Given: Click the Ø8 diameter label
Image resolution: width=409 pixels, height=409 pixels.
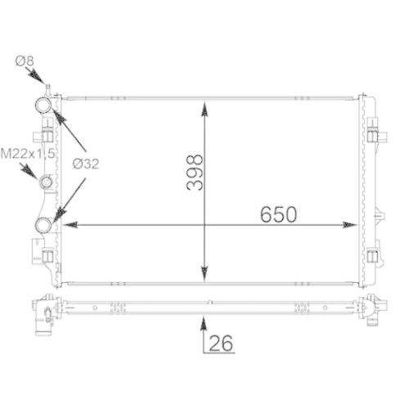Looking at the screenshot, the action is [x=25, y=61].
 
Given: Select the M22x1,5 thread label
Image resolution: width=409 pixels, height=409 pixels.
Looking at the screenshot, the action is [x=28, y=154].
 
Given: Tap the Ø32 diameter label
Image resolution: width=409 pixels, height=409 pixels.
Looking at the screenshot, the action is [x=86, y=164].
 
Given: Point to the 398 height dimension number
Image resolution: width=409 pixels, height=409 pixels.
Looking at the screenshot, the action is [x=195, y=173].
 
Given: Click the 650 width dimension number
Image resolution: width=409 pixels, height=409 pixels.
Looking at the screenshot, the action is [x=278, y=214].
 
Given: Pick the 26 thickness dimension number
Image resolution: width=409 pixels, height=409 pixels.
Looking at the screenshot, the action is [x=221, y=343].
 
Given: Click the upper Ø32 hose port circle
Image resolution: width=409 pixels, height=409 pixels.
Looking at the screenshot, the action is [x=43, y=106].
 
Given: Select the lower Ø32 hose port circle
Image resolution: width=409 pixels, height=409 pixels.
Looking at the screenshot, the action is [x=43, y=224].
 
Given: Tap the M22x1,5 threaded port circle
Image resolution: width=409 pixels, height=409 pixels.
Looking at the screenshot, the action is [x=46, y=182].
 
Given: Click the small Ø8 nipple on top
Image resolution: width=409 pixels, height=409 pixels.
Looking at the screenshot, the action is [x=48, y=90].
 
